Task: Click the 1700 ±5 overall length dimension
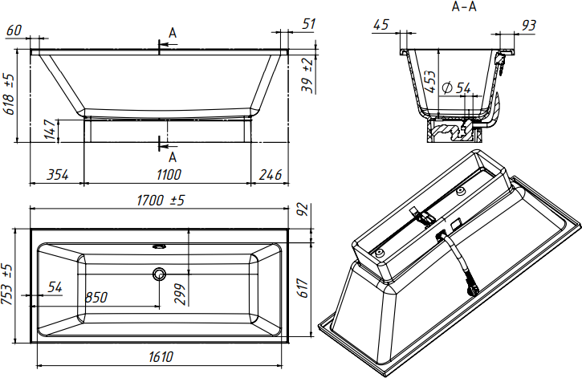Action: point(161,201)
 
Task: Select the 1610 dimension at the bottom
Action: point(161,357)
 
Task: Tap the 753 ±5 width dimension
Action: point(7,284)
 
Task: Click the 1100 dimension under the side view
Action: point(169,174)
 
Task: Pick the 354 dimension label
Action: point(58,174)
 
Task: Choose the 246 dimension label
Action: point(271,174)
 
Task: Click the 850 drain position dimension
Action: point(96,297)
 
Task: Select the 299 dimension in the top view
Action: point(180,295)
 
